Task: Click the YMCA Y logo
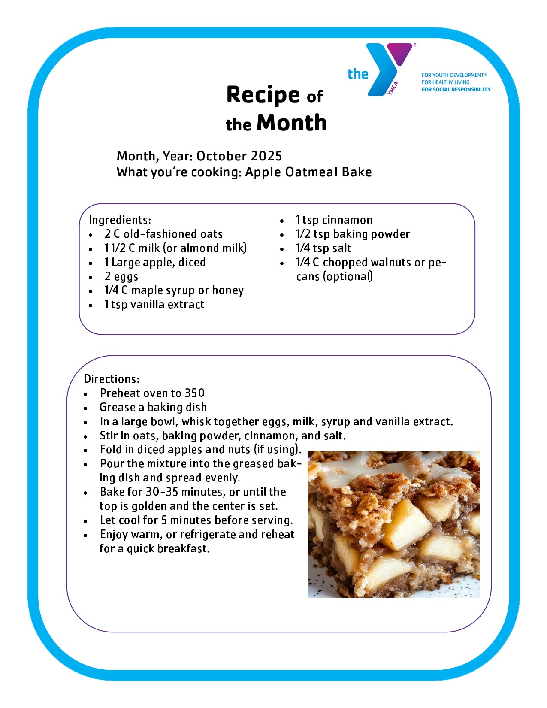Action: [388, 69]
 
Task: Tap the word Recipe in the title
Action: [263, 94]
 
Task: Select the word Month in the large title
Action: [292, 123]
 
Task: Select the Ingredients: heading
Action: [120, 220]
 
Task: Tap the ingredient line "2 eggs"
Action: [121, 276]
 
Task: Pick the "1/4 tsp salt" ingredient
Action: [323, 248]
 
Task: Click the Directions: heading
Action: [112, 379]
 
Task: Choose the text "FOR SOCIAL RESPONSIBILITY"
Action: [456, 89]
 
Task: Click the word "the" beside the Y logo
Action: [358, 74]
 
